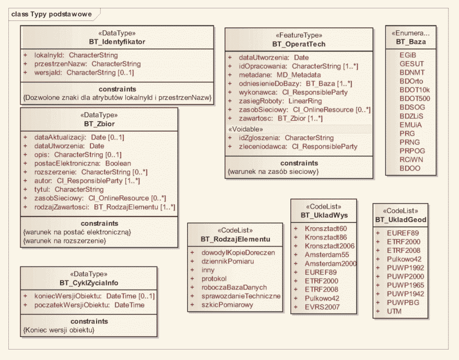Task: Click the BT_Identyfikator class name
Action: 117,41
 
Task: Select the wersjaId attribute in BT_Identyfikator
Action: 84,73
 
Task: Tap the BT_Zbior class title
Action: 99,124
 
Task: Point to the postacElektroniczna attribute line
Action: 83,163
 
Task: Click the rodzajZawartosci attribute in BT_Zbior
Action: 104,207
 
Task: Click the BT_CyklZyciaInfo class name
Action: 88,283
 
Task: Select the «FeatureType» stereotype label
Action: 299,35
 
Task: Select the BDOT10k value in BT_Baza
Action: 415,89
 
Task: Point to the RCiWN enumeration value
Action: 410,160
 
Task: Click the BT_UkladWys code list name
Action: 324,215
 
